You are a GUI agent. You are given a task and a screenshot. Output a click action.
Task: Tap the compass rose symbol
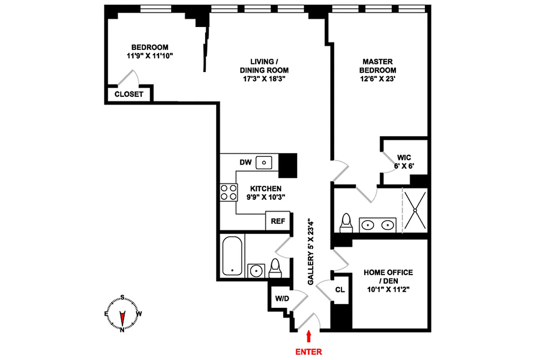(121, 314)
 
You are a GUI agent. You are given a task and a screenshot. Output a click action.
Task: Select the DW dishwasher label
(245, 162)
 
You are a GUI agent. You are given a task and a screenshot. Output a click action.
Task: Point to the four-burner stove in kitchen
(228, 192)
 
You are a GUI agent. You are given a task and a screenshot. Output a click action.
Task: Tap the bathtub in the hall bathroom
(233, 256)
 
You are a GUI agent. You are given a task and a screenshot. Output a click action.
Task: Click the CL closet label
(340, 290)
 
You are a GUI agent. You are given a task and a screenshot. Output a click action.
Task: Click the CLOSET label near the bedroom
(129, 94)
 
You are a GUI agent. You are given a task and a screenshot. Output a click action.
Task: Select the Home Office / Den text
(388, 276)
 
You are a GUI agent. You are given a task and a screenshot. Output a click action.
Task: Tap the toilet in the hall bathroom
(274, 268)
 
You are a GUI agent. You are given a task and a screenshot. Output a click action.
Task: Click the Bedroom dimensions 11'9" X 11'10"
(150, 55)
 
